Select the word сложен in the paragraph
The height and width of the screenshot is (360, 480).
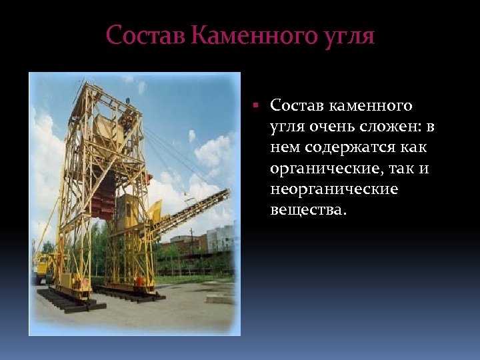[391, 127]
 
